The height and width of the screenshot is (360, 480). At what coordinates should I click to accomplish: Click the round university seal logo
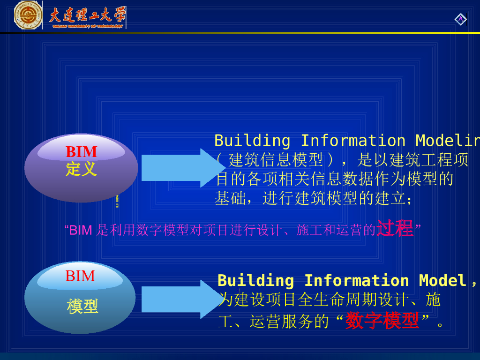click(28, 15)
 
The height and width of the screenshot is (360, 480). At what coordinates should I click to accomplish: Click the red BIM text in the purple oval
click(81, 152)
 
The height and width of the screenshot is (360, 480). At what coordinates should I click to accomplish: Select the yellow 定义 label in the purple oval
click(81, 169)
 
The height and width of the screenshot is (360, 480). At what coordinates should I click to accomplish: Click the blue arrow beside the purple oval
click(180, 167)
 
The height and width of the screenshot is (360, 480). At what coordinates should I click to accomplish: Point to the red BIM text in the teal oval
click(80, 276)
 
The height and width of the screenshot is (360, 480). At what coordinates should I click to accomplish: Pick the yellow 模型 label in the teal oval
click(82, 307)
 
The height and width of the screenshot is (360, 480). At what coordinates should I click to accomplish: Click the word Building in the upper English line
click(252, 141)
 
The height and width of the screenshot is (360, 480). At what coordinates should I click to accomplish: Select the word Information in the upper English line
click(352, 141)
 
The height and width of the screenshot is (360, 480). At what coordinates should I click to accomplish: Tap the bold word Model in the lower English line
click(442, 280)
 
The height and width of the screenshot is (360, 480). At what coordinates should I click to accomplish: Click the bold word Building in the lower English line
click(255, 280)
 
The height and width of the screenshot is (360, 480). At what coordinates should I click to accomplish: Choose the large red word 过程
click(395, 228)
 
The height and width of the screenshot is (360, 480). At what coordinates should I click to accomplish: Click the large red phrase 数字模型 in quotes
click(382, 321)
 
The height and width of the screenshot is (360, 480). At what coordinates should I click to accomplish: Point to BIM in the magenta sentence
click(80, 230)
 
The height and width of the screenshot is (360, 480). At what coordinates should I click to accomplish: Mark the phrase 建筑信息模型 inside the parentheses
click(276, 160)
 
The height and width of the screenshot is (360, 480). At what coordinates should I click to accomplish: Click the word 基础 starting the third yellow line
click(230, 198)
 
